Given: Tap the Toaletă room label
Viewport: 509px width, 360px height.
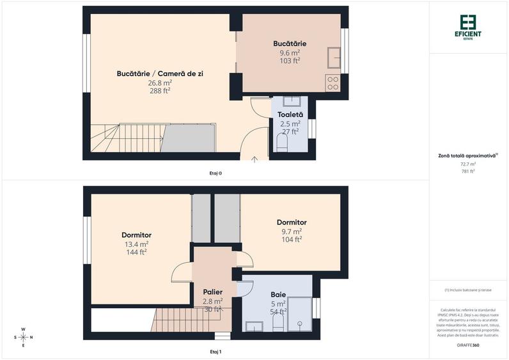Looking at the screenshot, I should [290, 114].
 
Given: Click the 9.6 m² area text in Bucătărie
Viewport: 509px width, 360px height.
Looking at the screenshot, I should [290, 52].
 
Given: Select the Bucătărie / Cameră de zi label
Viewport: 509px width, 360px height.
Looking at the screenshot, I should [160, 74].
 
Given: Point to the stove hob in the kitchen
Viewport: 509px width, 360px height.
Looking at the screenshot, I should [333, 82].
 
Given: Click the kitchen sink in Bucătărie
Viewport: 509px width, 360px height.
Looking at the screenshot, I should [333, 57].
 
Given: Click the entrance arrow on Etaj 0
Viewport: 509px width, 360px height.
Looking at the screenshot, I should [254, 159].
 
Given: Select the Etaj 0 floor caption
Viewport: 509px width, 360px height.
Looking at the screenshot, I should [215, 173].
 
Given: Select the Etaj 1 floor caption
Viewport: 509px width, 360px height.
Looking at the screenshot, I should [215, 352].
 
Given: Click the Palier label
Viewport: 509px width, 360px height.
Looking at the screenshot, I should [212, 292].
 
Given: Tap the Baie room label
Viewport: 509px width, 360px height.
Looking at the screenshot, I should [278, 295].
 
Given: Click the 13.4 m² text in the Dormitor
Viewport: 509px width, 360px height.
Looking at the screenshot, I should [136, 244].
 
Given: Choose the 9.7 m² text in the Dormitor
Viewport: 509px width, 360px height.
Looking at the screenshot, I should [291, 231].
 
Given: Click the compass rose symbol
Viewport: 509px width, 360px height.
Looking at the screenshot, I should [24, 337].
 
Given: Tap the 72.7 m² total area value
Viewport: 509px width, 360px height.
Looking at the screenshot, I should [468, 164].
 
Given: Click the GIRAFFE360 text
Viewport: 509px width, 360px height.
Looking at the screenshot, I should [468, 345].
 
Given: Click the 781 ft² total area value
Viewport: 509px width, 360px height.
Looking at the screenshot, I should [468, 171].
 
